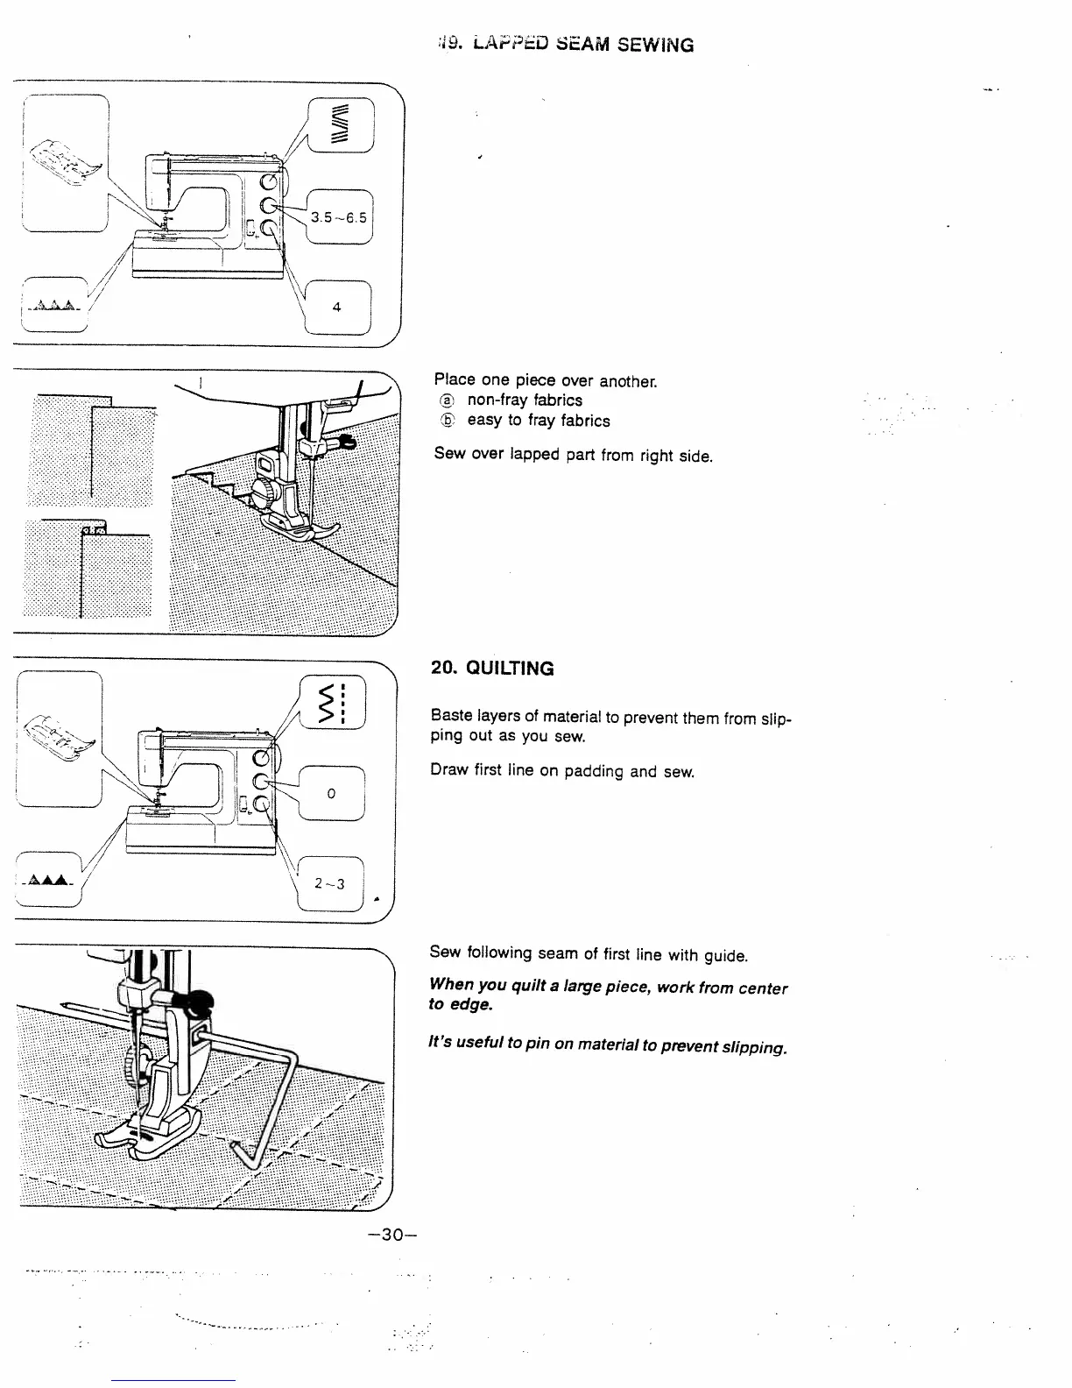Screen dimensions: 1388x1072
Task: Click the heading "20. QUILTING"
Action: point(492,669)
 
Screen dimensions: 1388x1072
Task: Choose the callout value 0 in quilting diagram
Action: point(331,794)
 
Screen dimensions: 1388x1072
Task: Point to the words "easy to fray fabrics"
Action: point(539,421)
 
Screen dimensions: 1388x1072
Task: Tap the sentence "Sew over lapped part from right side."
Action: point(573,456)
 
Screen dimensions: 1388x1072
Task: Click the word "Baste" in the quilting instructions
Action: point(451,718)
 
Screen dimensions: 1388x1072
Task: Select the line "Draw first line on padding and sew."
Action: point(561,771)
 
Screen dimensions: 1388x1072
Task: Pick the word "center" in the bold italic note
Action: point(761,988)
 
